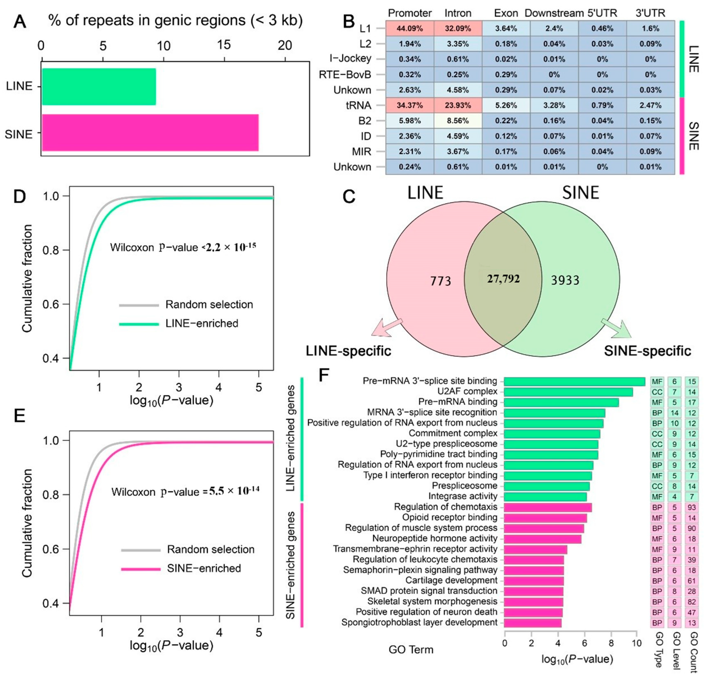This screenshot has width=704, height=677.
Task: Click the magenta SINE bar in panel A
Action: point(150,133)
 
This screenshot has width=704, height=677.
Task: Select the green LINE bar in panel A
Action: point(99,87)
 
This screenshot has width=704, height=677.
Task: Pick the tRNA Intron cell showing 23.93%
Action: point(458,105)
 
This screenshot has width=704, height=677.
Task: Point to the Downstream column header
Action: point(554,13)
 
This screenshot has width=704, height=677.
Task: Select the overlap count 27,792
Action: point(503,279)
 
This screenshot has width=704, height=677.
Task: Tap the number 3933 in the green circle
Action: point(565,280)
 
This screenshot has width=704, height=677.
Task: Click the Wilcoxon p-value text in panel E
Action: point(185,491)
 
